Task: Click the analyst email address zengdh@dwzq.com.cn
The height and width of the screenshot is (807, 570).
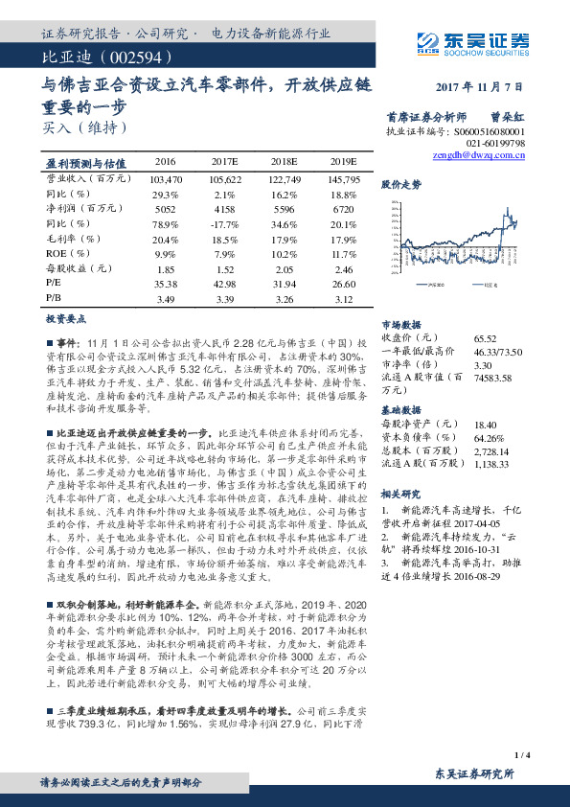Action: pos(479,153)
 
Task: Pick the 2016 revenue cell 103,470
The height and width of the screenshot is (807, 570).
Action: pos(166,179)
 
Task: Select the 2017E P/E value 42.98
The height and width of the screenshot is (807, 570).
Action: pos(224,285)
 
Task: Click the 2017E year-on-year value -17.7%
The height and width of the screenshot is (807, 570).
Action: pos(225,222)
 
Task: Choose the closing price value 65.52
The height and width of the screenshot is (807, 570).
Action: pos(485,337)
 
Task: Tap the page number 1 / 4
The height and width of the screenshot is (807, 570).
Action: pos(522,755)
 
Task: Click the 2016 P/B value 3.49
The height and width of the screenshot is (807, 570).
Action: pos(166,299)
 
